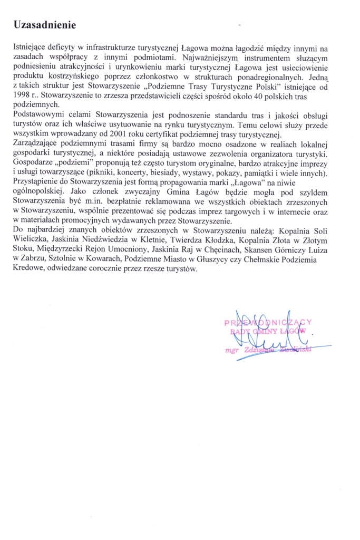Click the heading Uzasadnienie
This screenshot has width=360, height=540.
(x=45, y=25)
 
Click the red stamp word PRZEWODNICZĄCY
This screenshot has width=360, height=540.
(x=268, y=323)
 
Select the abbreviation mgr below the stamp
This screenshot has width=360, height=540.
(x=232, y=349)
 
